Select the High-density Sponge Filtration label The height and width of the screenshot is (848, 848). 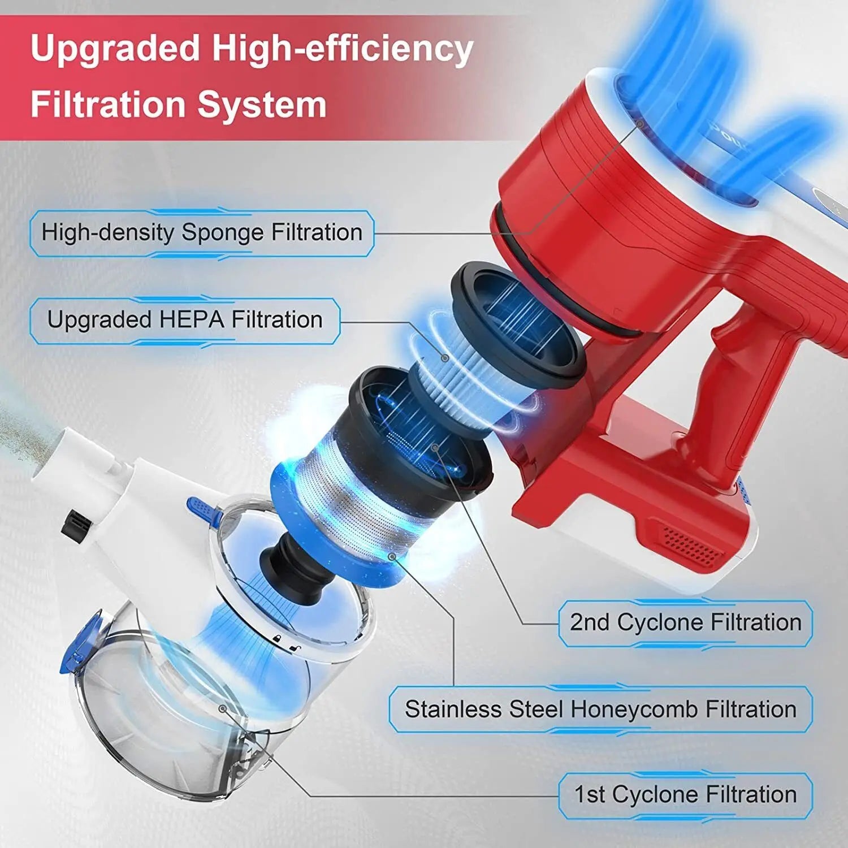(202, 233)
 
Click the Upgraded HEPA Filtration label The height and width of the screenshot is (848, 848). (185, 320)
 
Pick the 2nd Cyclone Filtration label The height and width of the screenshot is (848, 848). (685, 622)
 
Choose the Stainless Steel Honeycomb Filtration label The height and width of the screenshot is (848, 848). (600, 709)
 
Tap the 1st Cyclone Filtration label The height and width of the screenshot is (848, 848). (685, 795)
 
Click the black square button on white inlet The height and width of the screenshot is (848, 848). (76, 523)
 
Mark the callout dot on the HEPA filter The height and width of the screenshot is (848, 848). (445, 357)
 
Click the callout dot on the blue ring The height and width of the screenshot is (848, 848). (391, 556)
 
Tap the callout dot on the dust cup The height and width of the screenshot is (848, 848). (223, 708)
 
